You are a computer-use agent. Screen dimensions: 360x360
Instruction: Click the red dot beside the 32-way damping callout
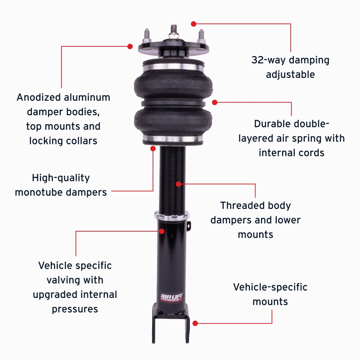pyautogui.click(x=194, y=23)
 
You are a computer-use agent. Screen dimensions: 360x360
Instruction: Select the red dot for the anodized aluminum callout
pyautogui.click(x=130, y=46)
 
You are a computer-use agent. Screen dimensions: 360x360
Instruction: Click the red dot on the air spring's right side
pyautogui.click(x=215, y=102)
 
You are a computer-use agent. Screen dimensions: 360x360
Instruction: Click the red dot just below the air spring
pyautogui.click(x=153, y=148)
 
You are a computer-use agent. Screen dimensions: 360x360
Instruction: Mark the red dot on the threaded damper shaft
pyautogui.click(x=179, y=184)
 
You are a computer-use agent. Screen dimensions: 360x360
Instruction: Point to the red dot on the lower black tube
pyautogui.click(x=162, y=231)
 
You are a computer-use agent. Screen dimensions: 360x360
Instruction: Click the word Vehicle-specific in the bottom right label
pyautogui.click(x=270, y=287)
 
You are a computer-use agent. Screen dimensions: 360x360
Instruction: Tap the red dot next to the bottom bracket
pyautogui.click(x=195, y=323)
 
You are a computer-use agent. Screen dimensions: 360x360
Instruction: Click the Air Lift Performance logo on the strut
pyautogui.click(x=172, y=297)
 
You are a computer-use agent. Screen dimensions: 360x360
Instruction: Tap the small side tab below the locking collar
pyautogui.click(x=189, y=225)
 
